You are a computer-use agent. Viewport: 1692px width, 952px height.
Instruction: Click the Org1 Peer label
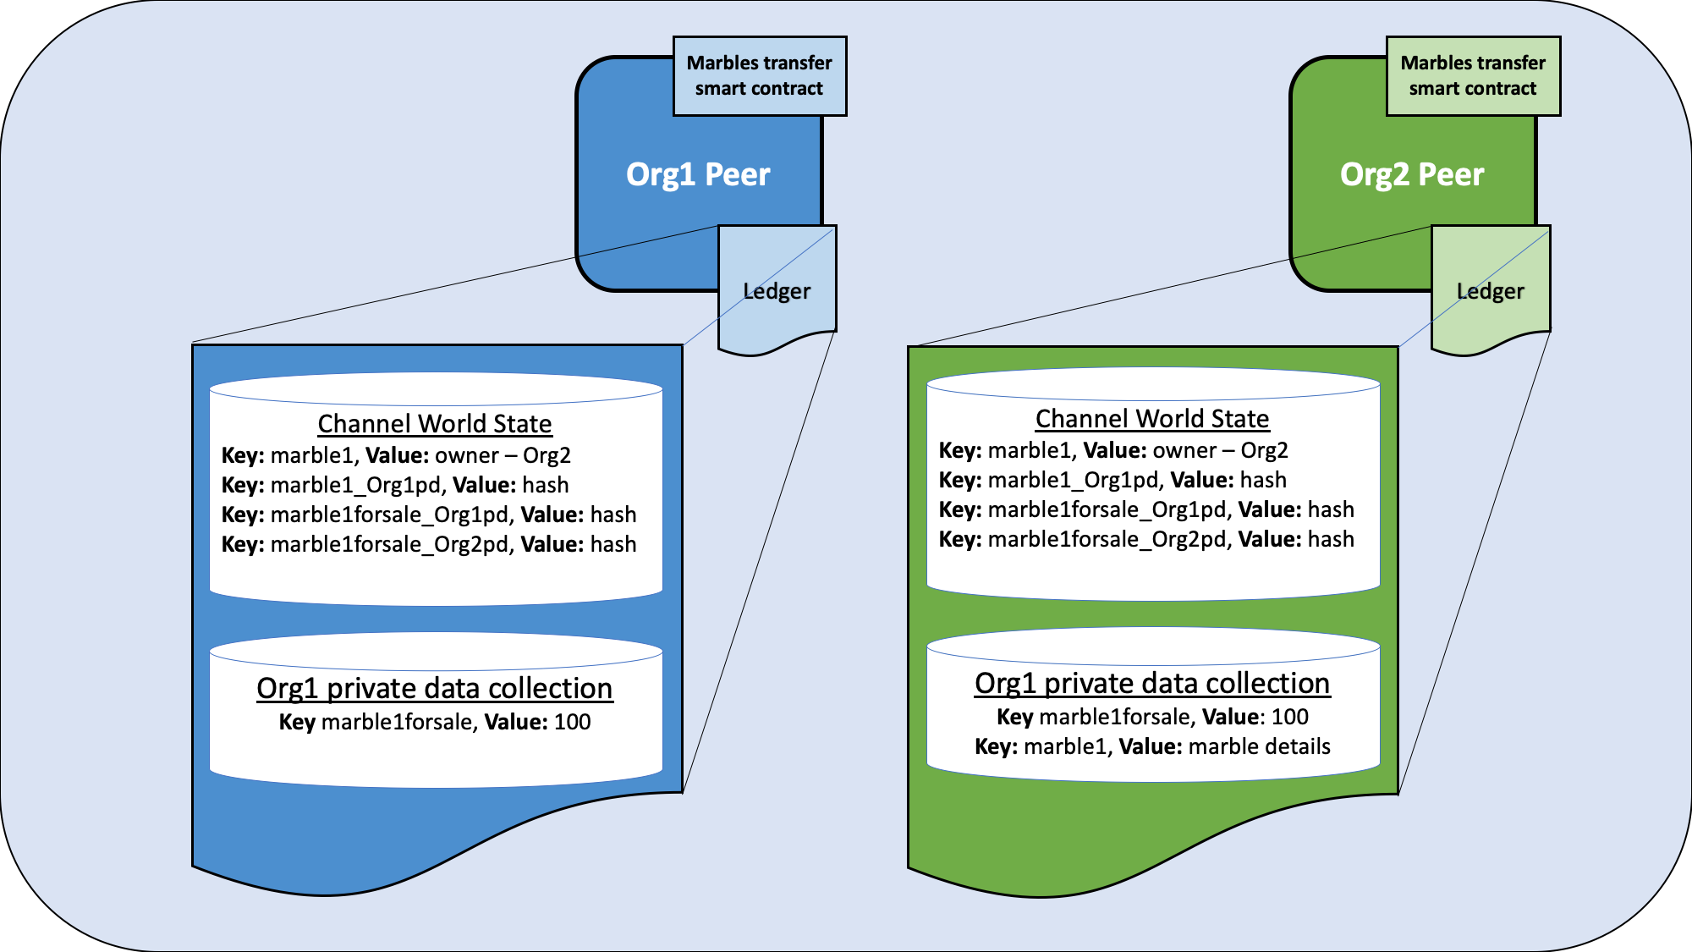click(x=698, y=174)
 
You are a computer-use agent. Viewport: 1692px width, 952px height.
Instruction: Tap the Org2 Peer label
click(x=1412, y=174)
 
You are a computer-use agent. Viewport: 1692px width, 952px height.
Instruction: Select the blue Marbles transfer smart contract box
click(x=760, y=76)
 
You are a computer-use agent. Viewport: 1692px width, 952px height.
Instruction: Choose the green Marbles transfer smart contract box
click(x=1473, y=76)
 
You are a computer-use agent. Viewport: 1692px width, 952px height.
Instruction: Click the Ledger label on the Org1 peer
click(x=777, y=292)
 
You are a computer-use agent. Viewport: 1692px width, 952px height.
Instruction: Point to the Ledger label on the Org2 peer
click(x=1490, y=292)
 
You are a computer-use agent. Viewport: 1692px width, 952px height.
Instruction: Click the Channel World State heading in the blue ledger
click(x=435, y=423)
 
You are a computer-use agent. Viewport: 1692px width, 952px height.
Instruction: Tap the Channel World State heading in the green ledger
click(x=1152, y=418)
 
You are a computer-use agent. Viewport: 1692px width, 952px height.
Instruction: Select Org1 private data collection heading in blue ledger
click(x=435, y=688)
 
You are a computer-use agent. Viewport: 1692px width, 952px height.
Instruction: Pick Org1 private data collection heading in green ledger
click(x=1152, y=683)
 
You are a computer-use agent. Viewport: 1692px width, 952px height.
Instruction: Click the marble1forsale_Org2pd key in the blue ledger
click(x=392, y=544)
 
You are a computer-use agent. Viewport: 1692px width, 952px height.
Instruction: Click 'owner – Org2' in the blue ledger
click(x=503, y=455)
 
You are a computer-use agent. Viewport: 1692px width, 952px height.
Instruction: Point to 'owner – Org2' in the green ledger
click(x=1220, y=450)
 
